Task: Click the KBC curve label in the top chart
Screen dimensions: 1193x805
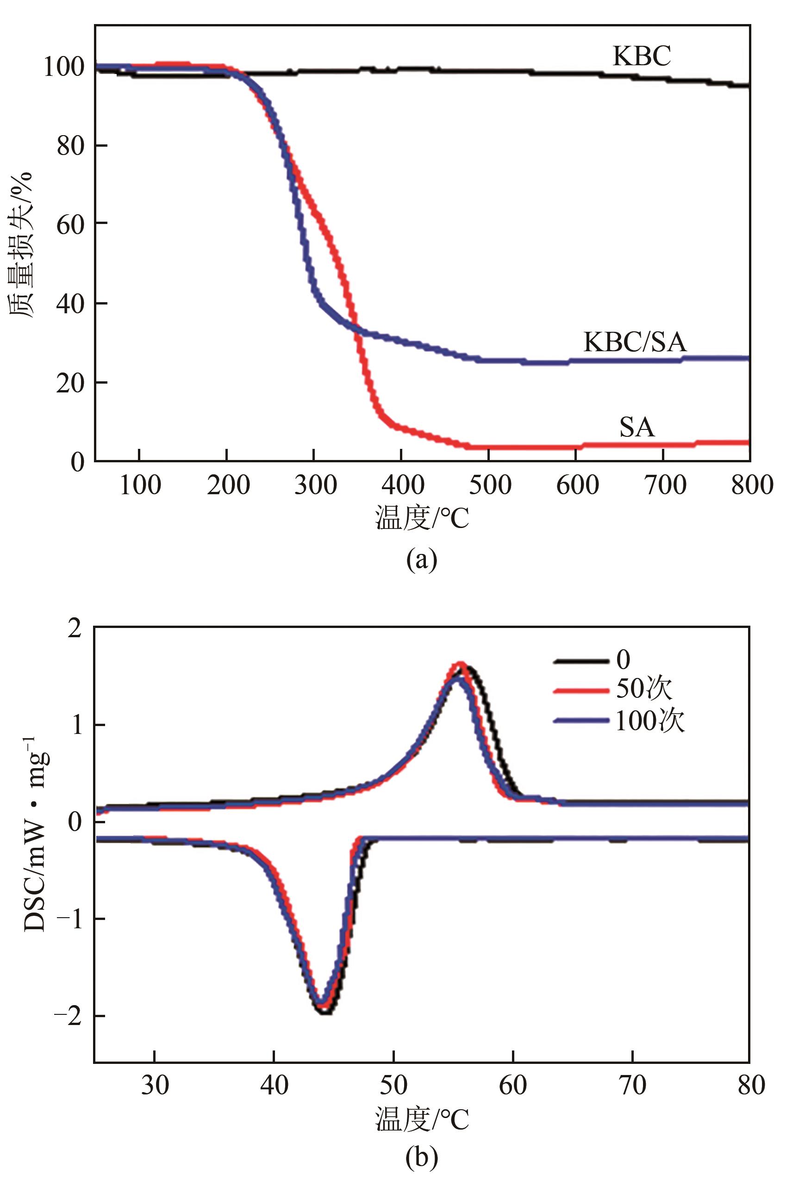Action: pos(642,56)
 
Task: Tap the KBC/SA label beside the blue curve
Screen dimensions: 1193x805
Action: pos(635,341)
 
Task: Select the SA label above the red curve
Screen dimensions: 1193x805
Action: pos(637,427)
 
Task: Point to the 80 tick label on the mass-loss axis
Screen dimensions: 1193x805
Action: pos(70,146)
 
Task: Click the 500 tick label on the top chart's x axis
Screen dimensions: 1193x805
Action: pos(490,485)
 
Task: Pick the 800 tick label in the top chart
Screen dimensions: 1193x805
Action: pos(752,485)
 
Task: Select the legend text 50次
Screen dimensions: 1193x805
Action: pos(644,689)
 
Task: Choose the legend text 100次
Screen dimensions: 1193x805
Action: pos(649,721)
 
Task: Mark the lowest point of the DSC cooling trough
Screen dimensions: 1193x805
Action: pos(324,1011)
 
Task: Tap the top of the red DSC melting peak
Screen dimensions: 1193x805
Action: pos(460,664)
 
